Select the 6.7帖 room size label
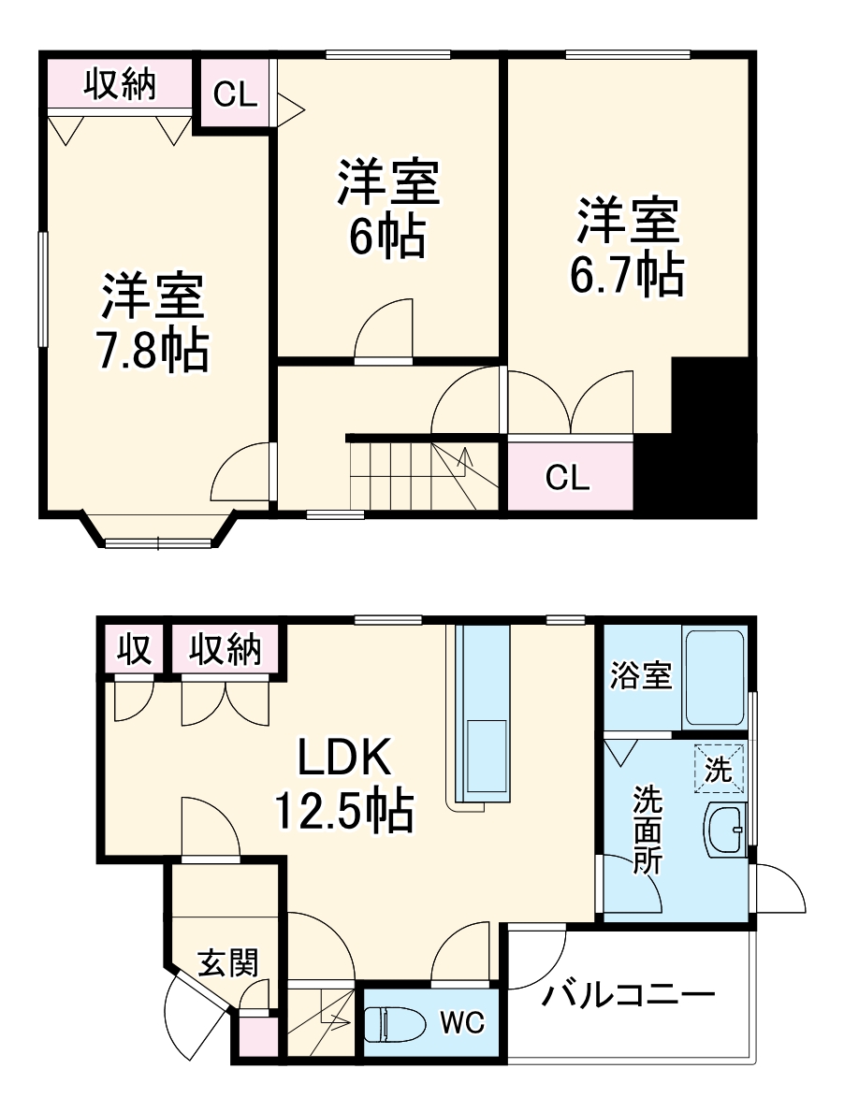tap(627, 273)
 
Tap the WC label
tap(462, 1022)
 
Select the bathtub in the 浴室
tap(714, 679)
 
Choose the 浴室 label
tap(642, 676)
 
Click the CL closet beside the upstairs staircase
tap(569, 478)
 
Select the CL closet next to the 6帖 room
tap(236, 94)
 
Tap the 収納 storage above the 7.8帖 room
tap(120, 86)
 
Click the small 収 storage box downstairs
tap(135, 649)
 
